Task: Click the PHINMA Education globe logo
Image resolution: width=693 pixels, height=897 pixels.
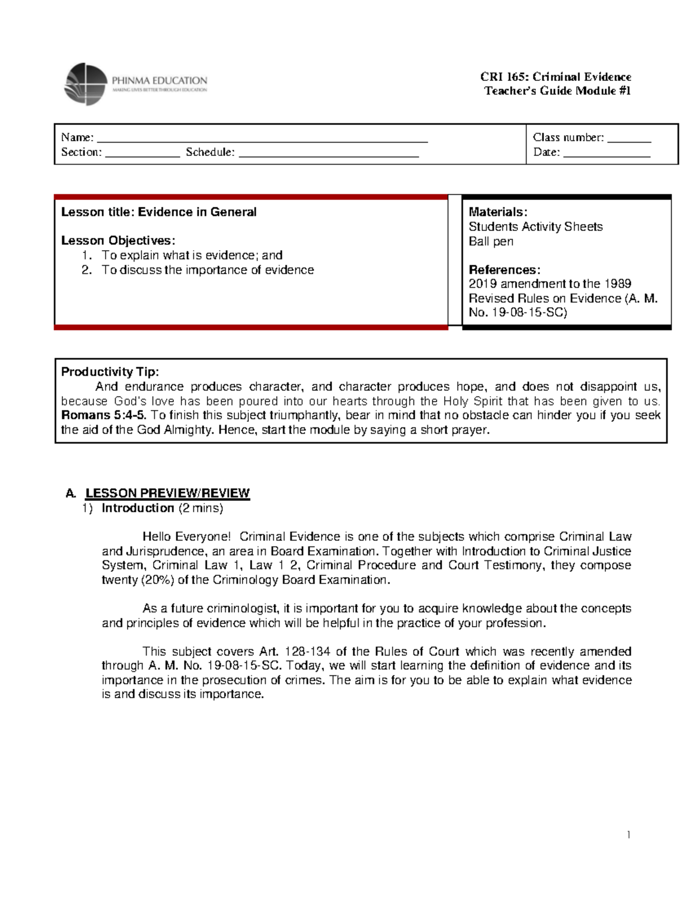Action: pyautogui.click(x=86, y=84)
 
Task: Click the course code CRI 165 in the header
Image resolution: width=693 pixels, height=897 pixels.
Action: pyautogui.click(x=504, y=77)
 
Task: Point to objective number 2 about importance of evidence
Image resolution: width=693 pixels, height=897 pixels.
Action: pyautogui.click(x=207, y=270)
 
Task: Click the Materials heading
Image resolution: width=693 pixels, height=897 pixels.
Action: pyautogui.click(x=498, y=212)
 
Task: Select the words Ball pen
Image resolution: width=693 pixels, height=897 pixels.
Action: pyautogui.click(x=491, y=241)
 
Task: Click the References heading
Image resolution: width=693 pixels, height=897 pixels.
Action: pyautogui.click(x=504, y=270)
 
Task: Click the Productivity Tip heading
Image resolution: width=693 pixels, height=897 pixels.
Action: pyautogui.click(x=110, y=372)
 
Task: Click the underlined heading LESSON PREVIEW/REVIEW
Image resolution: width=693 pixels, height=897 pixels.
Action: pyautogui.click(x=167, y=493)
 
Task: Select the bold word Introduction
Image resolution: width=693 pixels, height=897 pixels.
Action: pyautogui.click(x=138, y=508)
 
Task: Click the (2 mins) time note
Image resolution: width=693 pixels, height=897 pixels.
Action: pyautogui.click(x=200, y=508)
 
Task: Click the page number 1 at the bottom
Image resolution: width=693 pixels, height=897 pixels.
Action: pyautogui.click(x=628, y=835)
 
